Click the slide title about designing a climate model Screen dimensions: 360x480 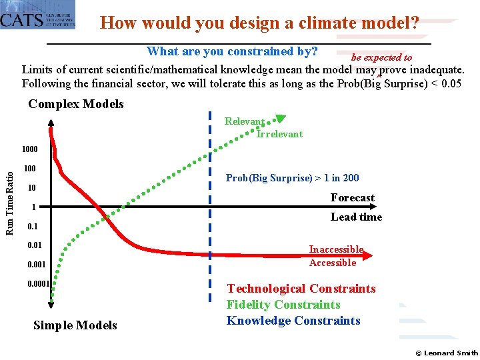pos(259,23)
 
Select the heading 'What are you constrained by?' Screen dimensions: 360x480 pos(232,51)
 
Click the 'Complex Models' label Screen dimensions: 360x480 pos(76,103)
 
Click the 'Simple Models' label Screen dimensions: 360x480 pos(75,325)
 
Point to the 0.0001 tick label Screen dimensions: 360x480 pos(38,284)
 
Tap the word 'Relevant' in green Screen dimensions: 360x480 pos(244,121)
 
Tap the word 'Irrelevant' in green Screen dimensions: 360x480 pos(279,134)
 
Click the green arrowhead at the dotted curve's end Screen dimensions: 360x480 pos(281,119)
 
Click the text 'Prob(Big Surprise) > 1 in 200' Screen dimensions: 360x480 pos(292,177)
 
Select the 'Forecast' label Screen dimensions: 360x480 pos(352,197)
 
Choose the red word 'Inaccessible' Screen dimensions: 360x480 pos(336,249)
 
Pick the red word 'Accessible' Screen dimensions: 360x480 pos(333,263)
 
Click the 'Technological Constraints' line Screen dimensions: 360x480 pos(301,289)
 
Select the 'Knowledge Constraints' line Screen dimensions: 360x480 pos(293,321)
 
